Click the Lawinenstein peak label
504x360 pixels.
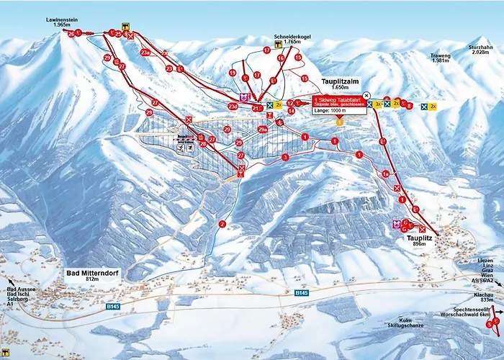[56, 22]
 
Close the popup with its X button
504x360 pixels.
[366, 95]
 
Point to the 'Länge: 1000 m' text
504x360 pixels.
[330, 110]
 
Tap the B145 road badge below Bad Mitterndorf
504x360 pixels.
[113, 306]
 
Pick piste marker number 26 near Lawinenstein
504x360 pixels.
[71, 33]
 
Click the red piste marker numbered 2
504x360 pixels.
[222, 224]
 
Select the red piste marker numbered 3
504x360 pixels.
[285, 157]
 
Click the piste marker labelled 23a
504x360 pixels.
[145, 53]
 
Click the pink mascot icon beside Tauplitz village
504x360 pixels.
[395, 225]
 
